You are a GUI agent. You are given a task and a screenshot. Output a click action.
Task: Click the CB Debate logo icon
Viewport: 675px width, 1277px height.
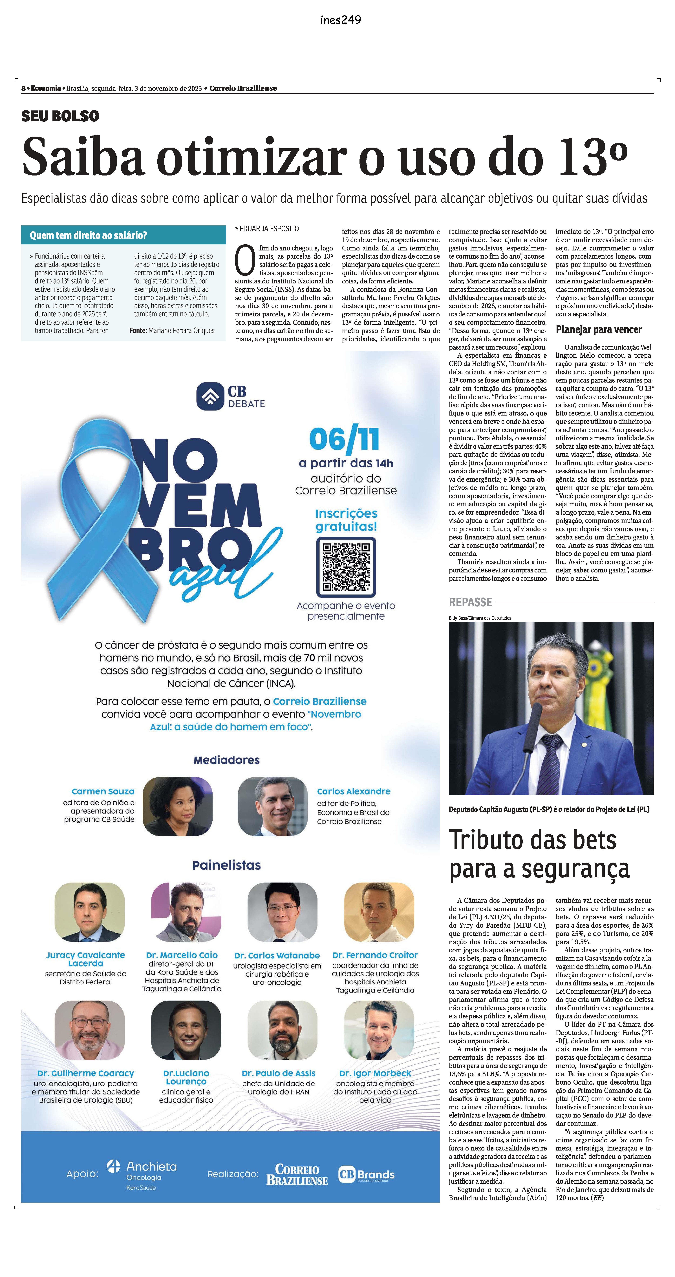(210, 396)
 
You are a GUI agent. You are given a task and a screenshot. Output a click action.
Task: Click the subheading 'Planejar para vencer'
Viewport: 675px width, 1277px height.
(599, 330)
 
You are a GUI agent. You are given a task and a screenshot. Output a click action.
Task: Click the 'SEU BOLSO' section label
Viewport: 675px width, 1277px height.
(60, 117)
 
